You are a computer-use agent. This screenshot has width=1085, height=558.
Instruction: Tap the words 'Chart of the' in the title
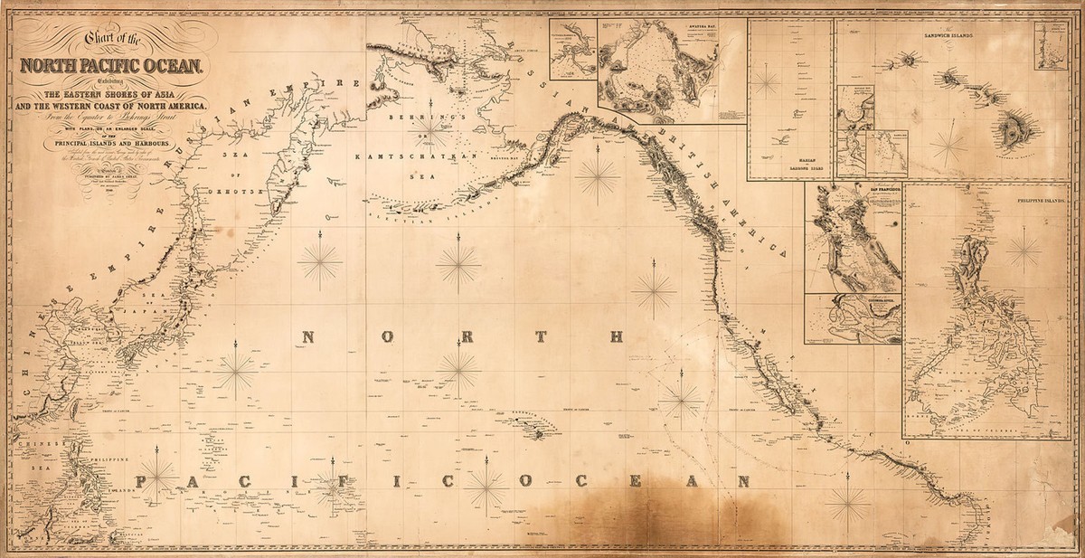110,39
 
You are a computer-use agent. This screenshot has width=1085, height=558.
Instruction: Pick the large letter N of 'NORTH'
307,337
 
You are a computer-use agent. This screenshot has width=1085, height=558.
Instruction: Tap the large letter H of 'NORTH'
618,337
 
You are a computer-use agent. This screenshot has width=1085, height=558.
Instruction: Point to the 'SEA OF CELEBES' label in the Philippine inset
986,428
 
